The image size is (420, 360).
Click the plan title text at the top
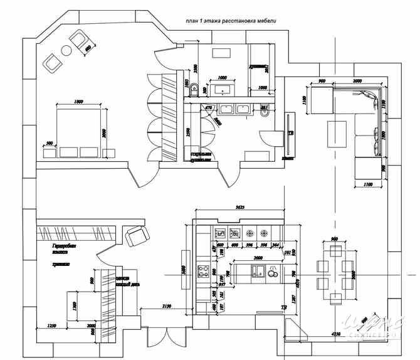[x=231, y=21]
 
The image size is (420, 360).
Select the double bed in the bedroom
[x=81, y=132]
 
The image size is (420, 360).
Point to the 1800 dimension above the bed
[x=79, y=102]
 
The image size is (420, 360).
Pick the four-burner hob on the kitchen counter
[x=204, y=272]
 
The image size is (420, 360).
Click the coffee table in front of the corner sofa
[x=337, y=132]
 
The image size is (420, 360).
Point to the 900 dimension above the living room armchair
[x=321, y=82]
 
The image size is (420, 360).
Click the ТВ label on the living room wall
[x=291, y=134]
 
